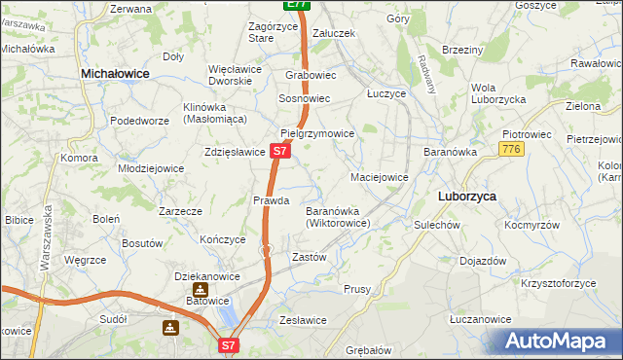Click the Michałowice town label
point(121,73)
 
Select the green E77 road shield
point(298,5)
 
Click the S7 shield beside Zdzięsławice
point(279,152)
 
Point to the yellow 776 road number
point(511,149)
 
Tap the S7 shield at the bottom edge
point(228,344)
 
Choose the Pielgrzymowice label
point(317,132)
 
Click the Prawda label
point(272,200)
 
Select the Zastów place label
point(309,257)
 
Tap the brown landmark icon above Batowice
point(200,289)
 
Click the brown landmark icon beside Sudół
point(171,328)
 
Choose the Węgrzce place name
point(83,260)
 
